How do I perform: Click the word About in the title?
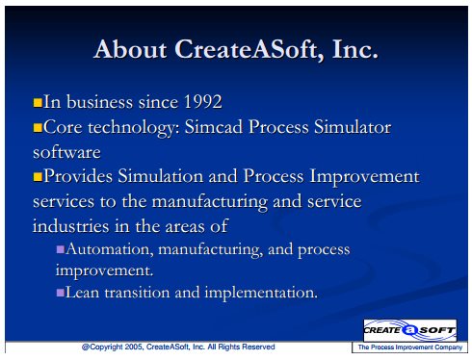pos(130,49)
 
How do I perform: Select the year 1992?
pos(202,102)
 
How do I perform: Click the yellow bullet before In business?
pos(38,103)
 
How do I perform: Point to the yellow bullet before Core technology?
pos(38,128)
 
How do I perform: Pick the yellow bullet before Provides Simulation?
pos(38,177)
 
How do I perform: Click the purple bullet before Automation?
pos(61,249)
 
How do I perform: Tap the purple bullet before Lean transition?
pos(61,293)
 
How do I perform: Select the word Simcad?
pos(214,127)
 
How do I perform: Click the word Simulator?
pos(353,127)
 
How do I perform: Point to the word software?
pos(66,152)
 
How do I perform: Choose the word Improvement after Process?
pos(364,176)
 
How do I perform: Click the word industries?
pos(71,226)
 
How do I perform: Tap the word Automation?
pos(108,249)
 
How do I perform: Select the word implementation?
pos(261,293)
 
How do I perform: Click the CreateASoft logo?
pos(409,330)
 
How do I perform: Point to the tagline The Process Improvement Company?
pos(410,347)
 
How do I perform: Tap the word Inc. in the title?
pos(355,50)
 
